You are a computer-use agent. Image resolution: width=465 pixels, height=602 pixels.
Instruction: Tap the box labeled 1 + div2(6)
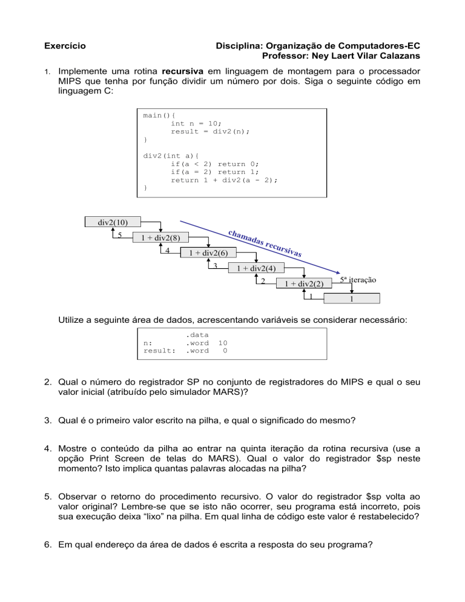coord(204,253)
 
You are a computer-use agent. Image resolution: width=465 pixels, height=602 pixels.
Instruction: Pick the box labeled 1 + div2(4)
coord(252,268)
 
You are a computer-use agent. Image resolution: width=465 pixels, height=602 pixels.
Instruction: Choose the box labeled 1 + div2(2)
coord(300,283)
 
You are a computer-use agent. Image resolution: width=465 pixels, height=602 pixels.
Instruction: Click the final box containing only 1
coord(352,299)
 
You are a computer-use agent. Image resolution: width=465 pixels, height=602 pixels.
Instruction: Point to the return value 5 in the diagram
coord(120,235)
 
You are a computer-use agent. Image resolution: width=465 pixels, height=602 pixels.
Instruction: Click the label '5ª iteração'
coord(358,280)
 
